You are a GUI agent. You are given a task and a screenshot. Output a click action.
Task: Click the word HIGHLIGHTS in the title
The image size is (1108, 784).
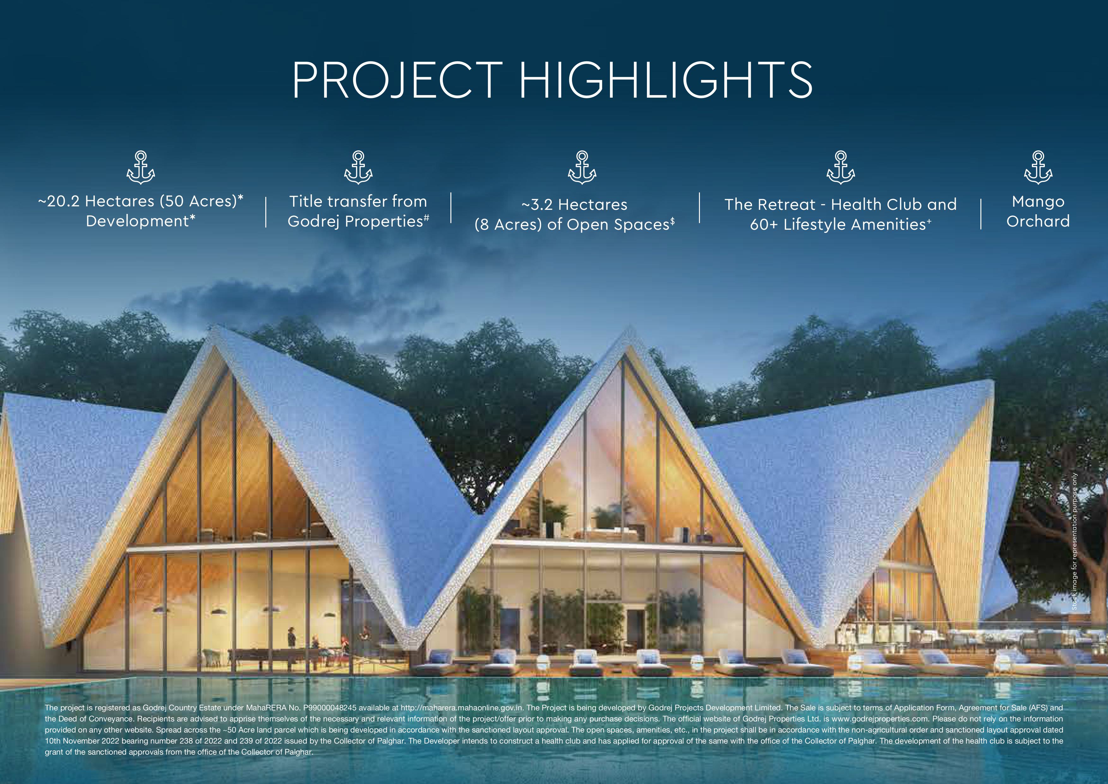[x=666, y=80]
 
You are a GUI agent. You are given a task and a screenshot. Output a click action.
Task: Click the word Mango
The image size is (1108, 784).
[x=1038, y=202]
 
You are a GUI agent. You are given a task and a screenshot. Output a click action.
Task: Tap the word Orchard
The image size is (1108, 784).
[x=1038, y=221]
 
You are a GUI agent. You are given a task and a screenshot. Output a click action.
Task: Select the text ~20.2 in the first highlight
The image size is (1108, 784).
[x=59, y=201]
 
